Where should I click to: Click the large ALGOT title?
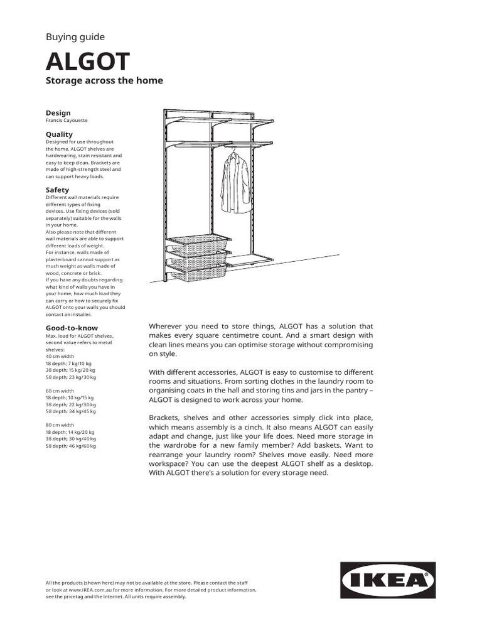tap(88, 62)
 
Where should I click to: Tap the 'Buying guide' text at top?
tap(75, 37)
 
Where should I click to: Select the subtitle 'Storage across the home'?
tap(104, 80)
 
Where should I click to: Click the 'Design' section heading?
tap(58, 113)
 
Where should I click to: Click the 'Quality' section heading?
tap(60, 134)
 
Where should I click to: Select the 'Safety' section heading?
tap(58, 190)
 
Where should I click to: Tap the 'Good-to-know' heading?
tap(72, 328)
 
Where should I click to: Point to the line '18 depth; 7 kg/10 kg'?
tap(69, 363)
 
